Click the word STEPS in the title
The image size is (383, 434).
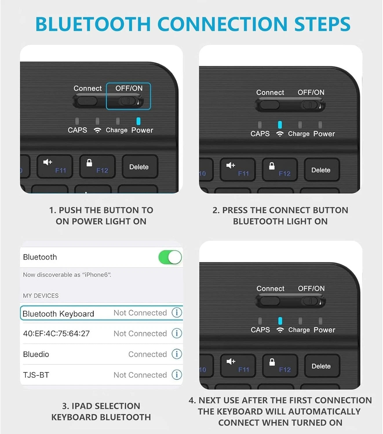click(322, 24)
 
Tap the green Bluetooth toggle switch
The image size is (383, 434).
click(170, 257)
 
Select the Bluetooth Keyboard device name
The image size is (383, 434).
click(58, 314)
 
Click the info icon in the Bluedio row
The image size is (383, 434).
click(177, 354)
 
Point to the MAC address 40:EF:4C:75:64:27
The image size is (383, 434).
click(56, 334)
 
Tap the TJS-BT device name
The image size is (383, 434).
click(36, 375)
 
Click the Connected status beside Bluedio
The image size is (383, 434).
click(147, 354)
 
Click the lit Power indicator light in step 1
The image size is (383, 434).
click(138, 121)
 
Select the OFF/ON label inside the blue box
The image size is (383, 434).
click(129, 88)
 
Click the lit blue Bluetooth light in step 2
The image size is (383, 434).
click(280, 125)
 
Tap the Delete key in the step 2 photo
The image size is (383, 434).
click(321, 170)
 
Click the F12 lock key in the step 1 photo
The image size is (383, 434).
click(97, 166)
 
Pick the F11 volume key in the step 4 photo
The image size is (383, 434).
click(238, 366)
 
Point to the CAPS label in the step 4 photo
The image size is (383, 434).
click(260, 330)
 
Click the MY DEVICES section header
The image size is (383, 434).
click(41, 296)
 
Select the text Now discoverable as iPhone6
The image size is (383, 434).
click(67, 275)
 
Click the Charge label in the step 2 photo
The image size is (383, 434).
click(299, 134)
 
